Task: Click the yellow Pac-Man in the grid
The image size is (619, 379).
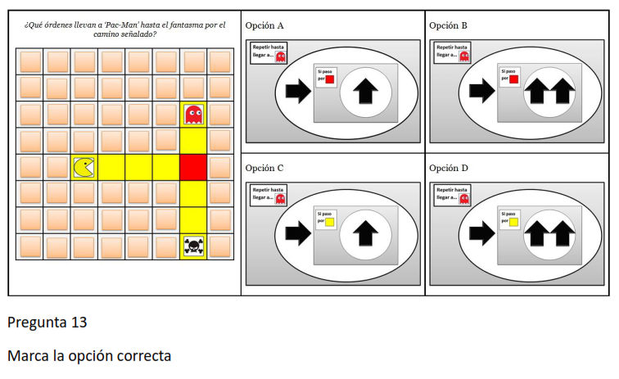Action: [84, 167]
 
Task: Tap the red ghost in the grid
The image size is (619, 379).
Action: [193, 115]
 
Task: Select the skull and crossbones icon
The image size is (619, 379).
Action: [193, 246]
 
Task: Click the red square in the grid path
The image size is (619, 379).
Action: [193, 167]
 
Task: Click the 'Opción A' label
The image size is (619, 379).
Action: [264, 25]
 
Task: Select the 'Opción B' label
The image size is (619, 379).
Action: [448, 25]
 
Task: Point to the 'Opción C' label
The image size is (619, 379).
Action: [264, 168]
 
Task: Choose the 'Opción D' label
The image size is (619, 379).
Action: [449, 168]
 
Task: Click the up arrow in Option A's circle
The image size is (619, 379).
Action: [365, 91]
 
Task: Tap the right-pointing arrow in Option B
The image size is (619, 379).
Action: [482, 91]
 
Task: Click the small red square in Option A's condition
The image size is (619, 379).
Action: [330, 79]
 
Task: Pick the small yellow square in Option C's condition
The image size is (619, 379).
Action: [330, 222]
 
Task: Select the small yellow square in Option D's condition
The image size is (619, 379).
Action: [513, 222]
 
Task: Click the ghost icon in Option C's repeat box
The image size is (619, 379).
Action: [280, 199]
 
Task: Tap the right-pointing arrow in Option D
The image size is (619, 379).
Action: [482, 233]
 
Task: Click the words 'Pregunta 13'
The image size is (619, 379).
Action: [47, 323]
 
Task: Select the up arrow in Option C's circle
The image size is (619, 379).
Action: [365, 234]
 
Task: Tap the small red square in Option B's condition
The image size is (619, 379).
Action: [513, 79]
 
